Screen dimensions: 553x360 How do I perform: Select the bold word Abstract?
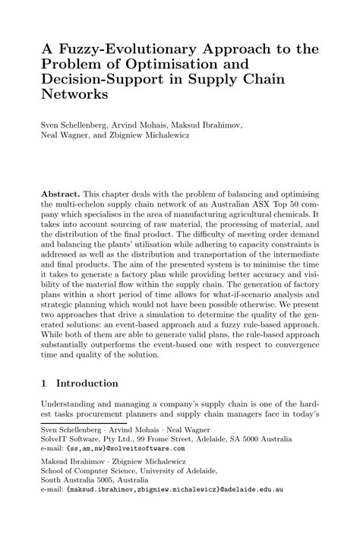60,194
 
